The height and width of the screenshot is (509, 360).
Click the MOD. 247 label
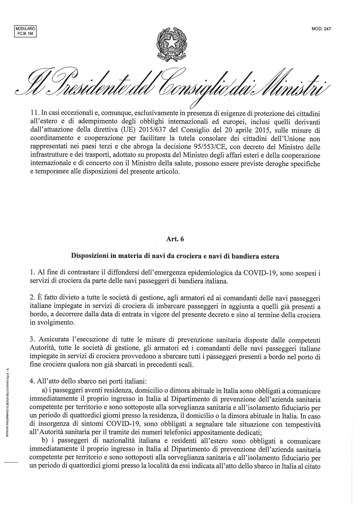321,29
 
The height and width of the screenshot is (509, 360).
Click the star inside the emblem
171,43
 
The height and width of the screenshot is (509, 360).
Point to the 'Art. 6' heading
175,239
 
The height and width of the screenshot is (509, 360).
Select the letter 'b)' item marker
45,441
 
